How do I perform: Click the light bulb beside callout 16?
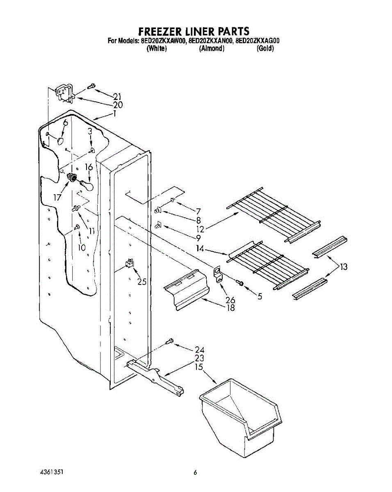tap(87, 186)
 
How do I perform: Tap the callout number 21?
tap(118, 97)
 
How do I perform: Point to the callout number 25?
tap(142, 281)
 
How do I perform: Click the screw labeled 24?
tap(169, 341)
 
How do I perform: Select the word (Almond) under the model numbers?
tap(212, 48)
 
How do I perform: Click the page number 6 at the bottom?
tap(196, 472)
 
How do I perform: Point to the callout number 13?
tap(343, 267)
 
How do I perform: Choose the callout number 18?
tap(230, 307)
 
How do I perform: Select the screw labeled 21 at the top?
tap(91, 86)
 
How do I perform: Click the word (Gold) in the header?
tap(265, 48)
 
